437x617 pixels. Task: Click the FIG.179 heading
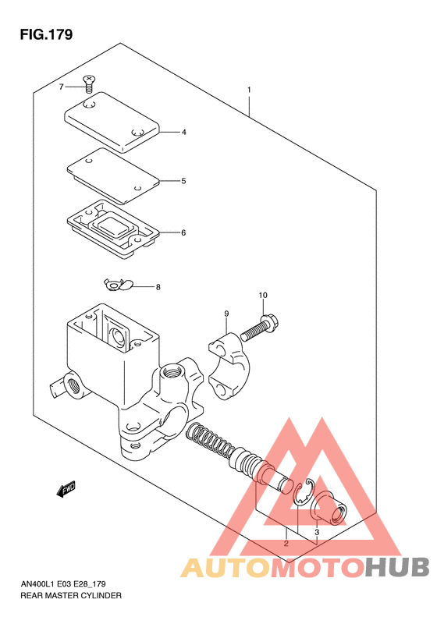pyautogui.click(x=47, y=34)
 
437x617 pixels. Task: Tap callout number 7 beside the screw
pyautogui.click(x=61, y=87)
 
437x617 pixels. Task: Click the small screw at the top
pyautogui.click(x=90, y=84)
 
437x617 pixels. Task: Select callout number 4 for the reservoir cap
pyautogui.click(x=184, y=133)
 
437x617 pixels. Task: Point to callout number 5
pyautogui.click(x=183, y=181)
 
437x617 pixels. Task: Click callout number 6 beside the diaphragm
pyautogui.click(x=183, y=233)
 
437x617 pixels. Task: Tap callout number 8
pyautogui.click(x=158, y=287)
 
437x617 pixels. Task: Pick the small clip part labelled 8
pyautogui.click(x=118, y=284)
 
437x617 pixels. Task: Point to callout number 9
pyautogui.click(x=226, y=314)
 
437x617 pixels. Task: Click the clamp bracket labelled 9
pyautogui.click(x=229, y=366)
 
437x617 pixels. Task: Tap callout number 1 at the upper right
pyautogui.click(x=249, y=90)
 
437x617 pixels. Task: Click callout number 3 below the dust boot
pyautogui.click(x=317, y=533)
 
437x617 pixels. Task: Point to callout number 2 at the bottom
pyautogui.click(x=286, y=544)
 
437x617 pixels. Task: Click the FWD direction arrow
pyautogui.click(x=66, y=489)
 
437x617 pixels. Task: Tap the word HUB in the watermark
pyautogui.click(x=397, y=567)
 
